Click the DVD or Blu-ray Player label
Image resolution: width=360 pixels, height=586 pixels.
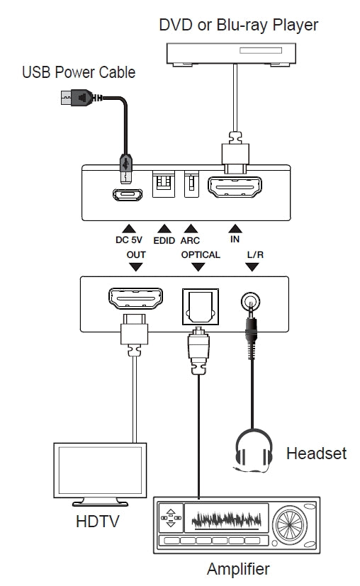pos(238,25)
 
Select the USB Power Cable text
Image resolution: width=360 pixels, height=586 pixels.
pos(79,72)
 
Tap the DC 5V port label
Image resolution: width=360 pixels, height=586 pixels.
pos(128,240)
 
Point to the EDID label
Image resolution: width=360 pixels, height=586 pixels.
pos(164,240)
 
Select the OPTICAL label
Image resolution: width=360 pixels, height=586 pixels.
pos(201,254)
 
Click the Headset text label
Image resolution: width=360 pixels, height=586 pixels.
pos(316,453)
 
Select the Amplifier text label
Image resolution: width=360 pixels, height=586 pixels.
pos(238,569)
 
